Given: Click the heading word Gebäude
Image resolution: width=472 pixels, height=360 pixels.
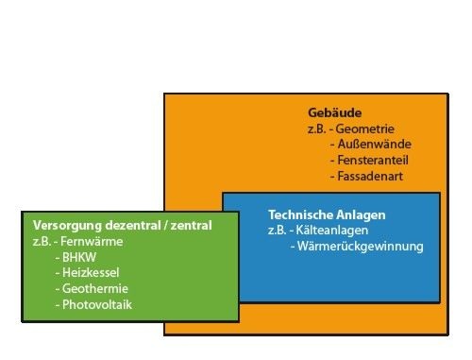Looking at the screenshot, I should pos(334,111).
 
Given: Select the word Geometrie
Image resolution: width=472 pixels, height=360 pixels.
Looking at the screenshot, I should pos(368,128).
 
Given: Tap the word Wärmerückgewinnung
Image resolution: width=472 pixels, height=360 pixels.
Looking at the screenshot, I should pos(362,247).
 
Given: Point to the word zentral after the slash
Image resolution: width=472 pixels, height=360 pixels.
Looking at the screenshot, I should pos(192,226).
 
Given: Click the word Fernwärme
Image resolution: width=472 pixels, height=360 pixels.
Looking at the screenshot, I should pos(98,242).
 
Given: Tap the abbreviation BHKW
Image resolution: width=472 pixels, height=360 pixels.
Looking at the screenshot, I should pos(80,258).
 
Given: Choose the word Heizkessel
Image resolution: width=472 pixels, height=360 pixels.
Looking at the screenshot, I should pos(90,273).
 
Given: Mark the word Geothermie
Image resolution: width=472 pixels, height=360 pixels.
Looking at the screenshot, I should pos(94,289).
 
